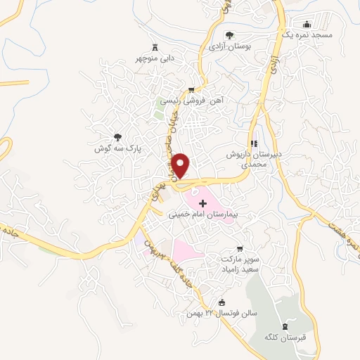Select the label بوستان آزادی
pos(229,46)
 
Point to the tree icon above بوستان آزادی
pos(229,34)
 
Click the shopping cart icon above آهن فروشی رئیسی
pos(191,89)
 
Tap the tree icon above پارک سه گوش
pos(117,137)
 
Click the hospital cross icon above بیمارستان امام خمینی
pos(204,202)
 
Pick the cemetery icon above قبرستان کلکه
pos(285,326)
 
